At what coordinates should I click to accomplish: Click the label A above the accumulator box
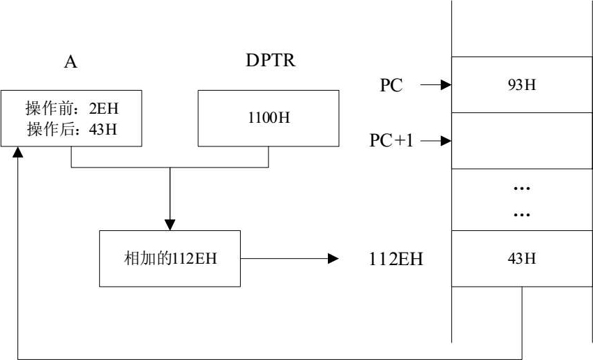click(70, 62)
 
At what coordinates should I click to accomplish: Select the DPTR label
click(270, 61)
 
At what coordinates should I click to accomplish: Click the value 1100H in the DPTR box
click(269, 117)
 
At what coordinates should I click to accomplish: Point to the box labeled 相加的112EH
click(170, 259)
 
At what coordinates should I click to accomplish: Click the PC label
click(391, 86)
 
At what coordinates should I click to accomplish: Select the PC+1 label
click(391, 141)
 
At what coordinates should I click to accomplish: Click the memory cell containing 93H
click(521, 85)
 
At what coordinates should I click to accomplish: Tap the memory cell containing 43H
click(521, 258)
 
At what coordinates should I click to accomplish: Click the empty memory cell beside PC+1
click(521, 141)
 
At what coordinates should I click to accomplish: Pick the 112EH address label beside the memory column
click(396, 260)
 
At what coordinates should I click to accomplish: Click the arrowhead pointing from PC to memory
click(446, 85)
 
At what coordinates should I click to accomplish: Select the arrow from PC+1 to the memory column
click(435, 141)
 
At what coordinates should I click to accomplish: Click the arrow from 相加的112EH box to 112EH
click(289, 259)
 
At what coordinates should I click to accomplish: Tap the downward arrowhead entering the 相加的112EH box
click(170, 225)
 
